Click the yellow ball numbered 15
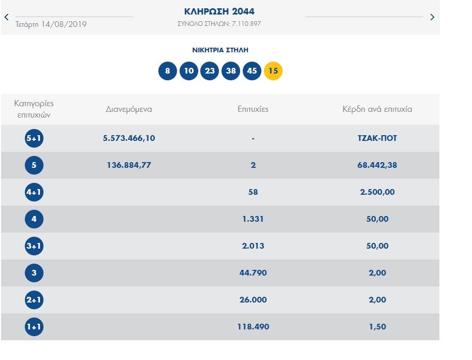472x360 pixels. (273, 71)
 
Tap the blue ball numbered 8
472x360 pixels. (168, 71)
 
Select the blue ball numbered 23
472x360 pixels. (210, 71)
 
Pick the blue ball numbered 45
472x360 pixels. (252, 71)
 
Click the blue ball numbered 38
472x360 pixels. (231, 71)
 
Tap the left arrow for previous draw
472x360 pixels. (7, 17)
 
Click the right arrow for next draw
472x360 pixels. (432, 17)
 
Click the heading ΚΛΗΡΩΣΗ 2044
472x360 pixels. (219, 11)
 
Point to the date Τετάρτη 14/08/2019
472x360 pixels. (51, 24)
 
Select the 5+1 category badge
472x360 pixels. (34, 138)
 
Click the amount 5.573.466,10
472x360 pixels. (129, 138)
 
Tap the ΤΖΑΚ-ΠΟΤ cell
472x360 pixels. (377, 138)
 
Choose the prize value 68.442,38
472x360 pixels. (377, 165)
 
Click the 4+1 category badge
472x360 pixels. (34, 192)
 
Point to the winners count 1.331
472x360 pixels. (253, 219)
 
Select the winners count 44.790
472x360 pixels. (253, 273)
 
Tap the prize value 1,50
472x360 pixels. (377, 327)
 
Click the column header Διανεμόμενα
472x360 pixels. (129, 109)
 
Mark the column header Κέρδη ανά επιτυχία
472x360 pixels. (377, 109)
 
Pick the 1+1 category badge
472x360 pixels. (34, 327)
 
